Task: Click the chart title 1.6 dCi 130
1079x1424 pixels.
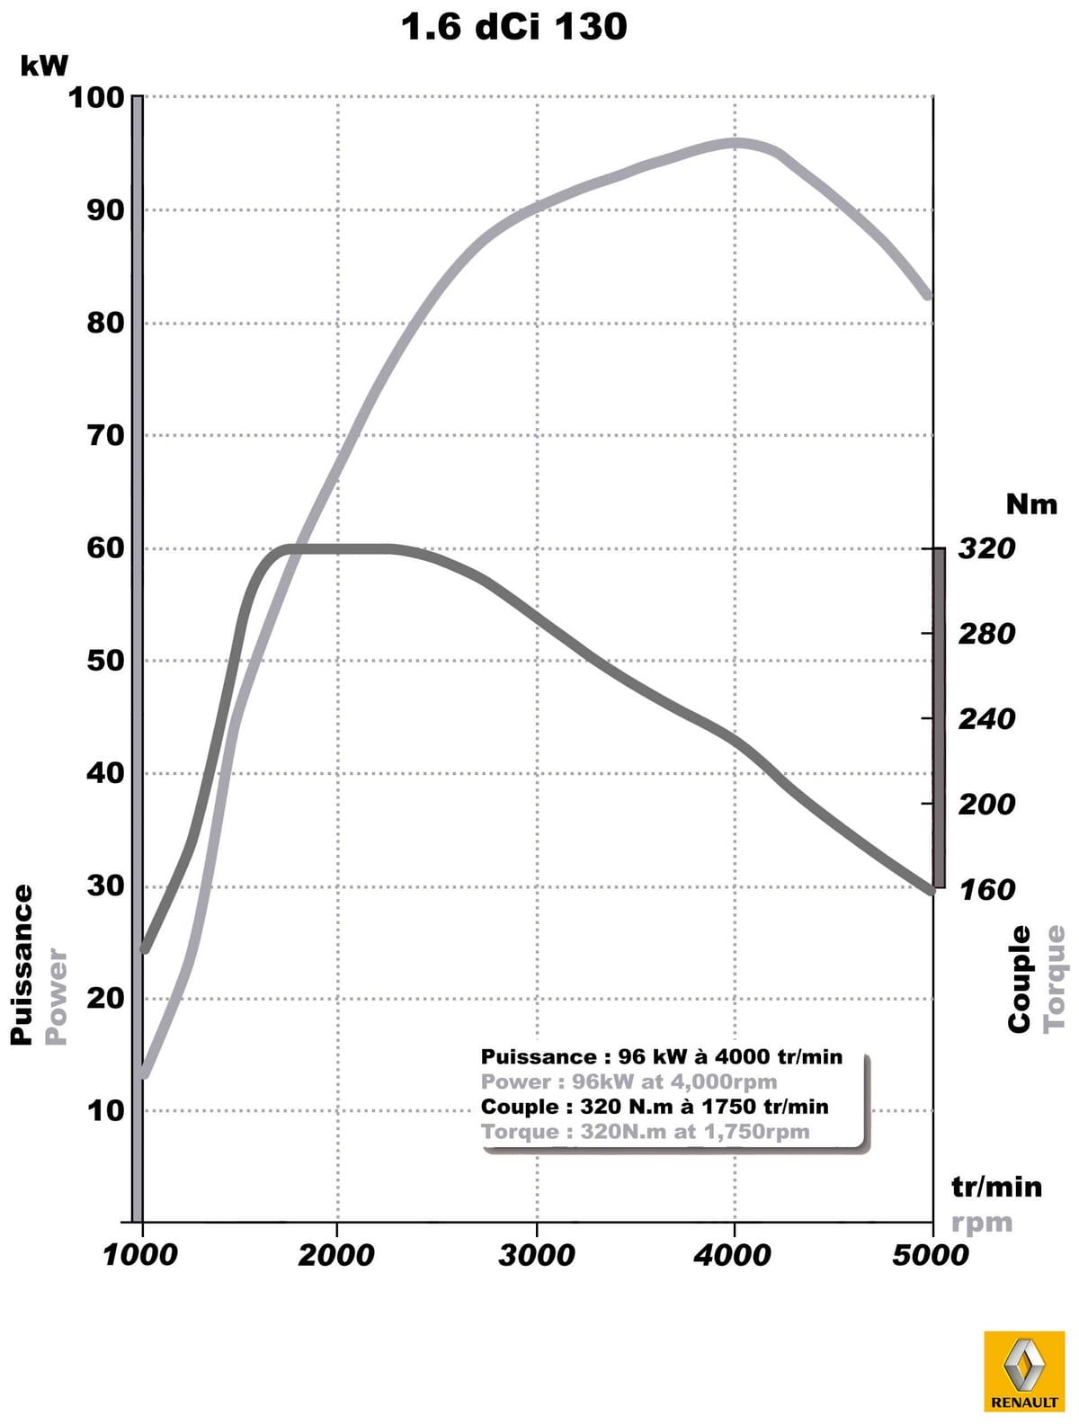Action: point(513,26)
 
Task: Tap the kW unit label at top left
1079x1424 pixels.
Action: point(44,65)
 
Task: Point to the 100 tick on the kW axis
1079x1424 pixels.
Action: point(96,97)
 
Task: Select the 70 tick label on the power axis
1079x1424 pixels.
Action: point(105,436)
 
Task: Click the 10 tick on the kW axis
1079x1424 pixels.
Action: point(105,1111)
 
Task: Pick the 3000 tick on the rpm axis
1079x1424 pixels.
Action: point(537,1255)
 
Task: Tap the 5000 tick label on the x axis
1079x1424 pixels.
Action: point(931,1255)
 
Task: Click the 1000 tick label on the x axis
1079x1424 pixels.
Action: point(141,1255)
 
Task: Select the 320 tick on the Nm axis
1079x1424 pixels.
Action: point(986,548)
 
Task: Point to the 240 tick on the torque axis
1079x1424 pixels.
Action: point(986,719)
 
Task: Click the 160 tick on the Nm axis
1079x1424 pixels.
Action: point(986,890)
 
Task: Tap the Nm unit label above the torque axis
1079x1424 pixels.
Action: point(1031,504)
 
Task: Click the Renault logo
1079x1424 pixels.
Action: point(1024,1372)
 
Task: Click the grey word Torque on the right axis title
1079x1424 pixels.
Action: point(1055,978)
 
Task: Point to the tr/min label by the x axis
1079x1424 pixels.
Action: point(996,1188)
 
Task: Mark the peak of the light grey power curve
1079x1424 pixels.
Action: point(736,142)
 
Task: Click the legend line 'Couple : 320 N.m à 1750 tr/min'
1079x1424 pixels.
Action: point(655,1107)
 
